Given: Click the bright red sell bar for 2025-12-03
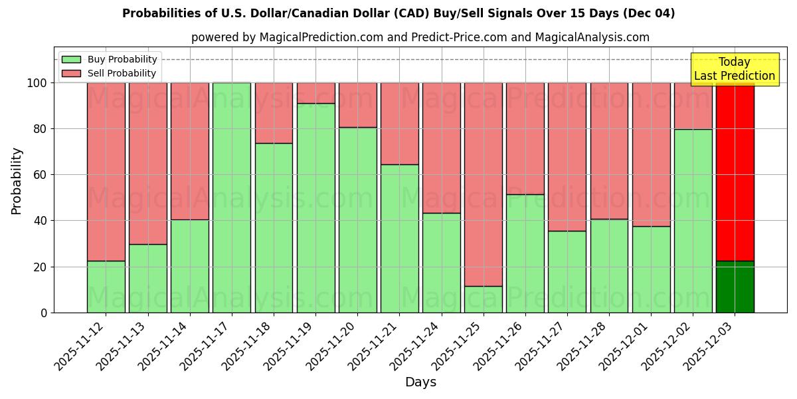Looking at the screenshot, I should click(735, 172).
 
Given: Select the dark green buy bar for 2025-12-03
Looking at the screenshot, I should click(735, 287).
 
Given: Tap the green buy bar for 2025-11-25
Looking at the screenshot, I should click(484, 299).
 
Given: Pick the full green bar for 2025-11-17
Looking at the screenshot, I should click(232, 198).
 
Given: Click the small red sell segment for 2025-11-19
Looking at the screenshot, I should click(315, 93).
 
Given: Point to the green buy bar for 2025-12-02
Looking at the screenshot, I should click(693, 221).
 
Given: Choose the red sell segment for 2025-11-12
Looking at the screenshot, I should click(106, 172).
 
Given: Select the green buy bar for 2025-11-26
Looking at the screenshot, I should click(525, 253).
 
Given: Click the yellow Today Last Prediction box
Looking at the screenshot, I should click(734, 69).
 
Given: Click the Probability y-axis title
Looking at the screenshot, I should click(17, 181).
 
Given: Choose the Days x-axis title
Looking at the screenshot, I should click(420, 382).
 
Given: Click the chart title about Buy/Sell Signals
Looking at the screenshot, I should click(398, 13).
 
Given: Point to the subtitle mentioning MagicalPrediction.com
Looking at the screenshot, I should click(420, 37).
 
